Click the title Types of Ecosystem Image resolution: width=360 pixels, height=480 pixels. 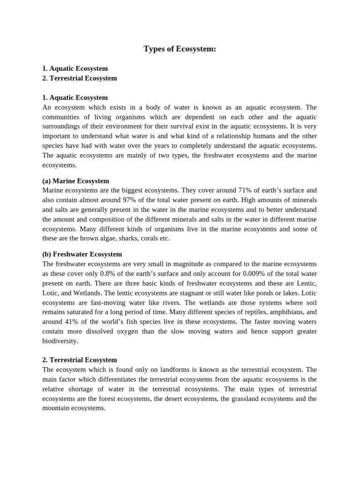[x=180, y=49]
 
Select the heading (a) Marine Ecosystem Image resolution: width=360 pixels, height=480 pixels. [x=75, y=180]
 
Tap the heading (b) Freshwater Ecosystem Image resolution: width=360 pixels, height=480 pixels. [x=82, y=254]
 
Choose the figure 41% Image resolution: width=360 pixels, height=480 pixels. [x=71, y=322]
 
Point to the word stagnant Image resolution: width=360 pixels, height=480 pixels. [x=167, y=293]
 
